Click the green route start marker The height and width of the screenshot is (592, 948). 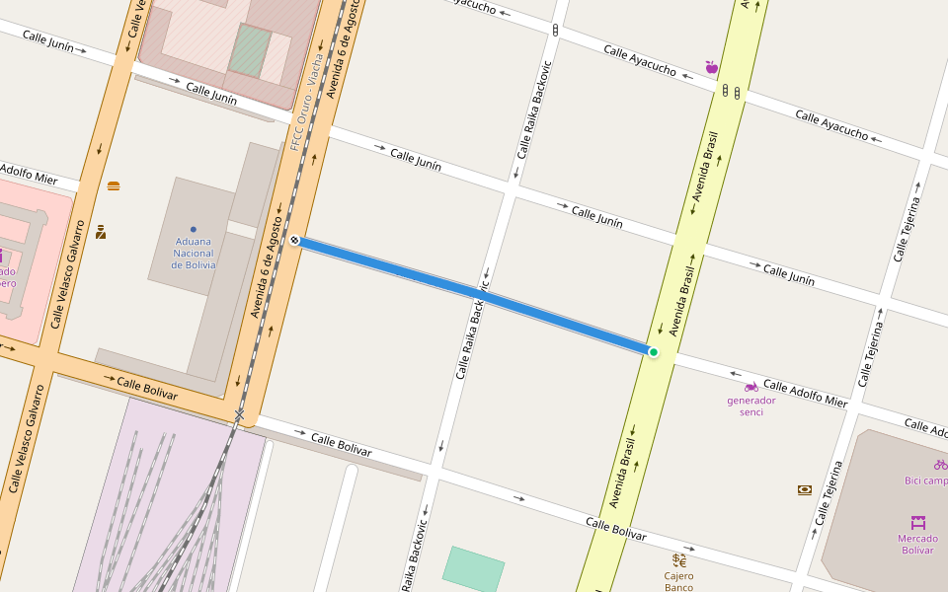point(653,352)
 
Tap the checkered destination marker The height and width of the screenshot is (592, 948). point(294,240)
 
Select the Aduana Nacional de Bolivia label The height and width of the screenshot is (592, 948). point(193,253)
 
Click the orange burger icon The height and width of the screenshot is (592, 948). point(114,185)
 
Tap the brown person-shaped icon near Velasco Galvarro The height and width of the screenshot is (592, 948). point(101,233)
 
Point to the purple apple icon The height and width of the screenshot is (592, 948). point(711,67)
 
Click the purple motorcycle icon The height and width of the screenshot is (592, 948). point(750,387)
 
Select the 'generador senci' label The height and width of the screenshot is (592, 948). point(750,406)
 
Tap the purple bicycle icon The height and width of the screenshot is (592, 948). point(939,464)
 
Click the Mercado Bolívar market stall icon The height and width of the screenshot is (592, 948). point(917,522)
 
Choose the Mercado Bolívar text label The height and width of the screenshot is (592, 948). point(916,544)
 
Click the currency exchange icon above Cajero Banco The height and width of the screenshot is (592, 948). point(679,559)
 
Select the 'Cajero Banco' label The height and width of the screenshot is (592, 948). point(678,581)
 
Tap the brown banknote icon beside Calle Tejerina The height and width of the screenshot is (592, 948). point(805,489)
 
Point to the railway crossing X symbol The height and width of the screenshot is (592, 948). point(239,414)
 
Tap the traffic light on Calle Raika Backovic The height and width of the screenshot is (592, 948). point(555,31)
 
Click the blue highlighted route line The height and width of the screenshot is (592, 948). point(474,296)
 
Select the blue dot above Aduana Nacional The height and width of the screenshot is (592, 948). point(193,229)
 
